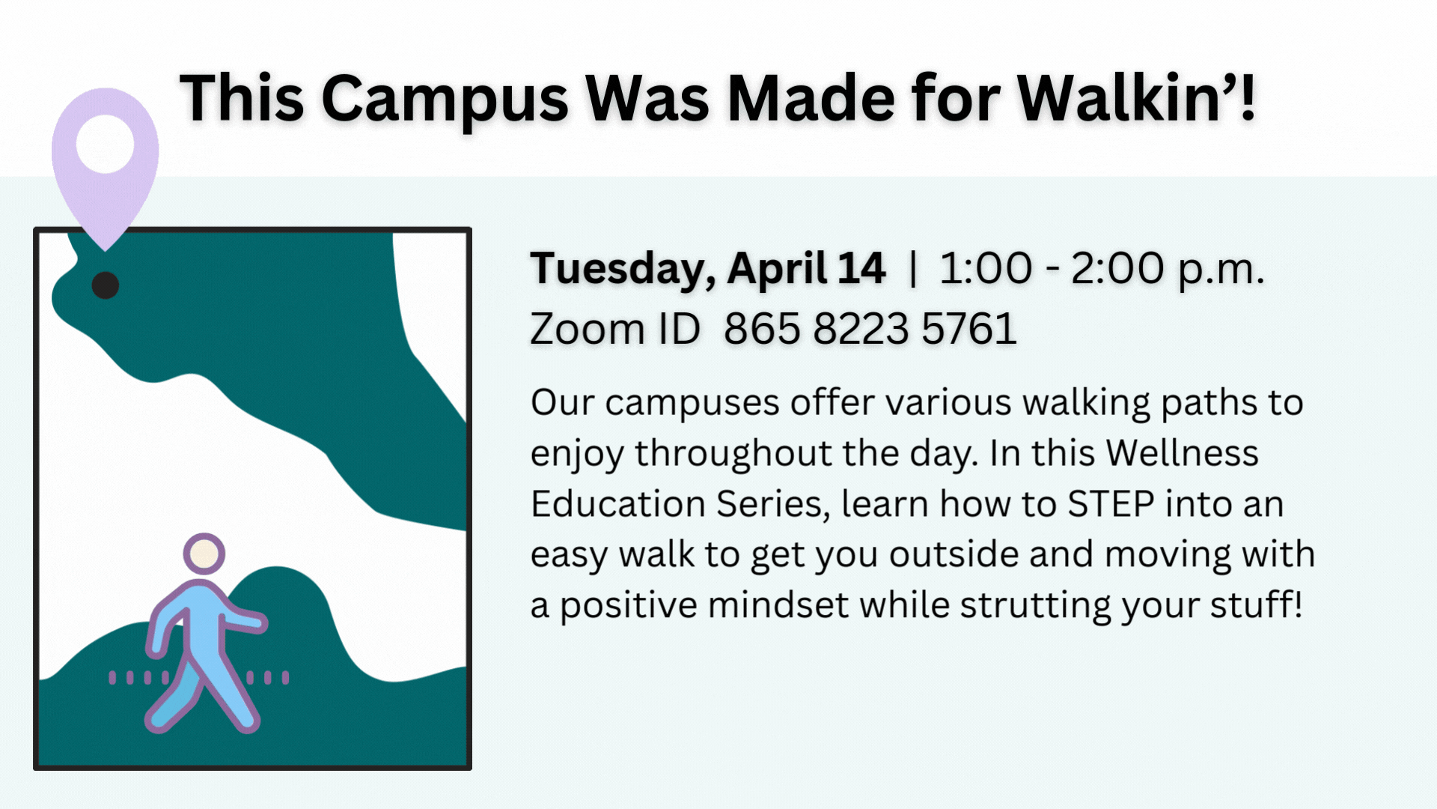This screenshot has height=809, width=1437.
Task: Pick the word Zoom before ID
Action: click(x=588, y=329)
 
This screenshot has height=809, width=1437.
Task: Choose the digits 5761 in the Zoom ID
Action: click(x=969, y=329)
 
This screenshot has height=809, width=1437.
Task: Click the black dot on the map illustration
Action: click(x=106, y=285)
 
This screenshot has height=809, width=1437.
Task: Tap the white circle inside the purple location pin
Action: click(x=106, y=144)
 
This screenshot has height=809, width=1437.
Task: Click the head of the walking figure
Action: click(x=204, y=554)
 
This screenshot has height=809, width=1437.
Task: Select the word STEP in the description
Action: click(x=1111, y=504)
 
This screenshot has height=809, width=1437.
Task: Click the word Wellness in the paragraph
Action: click(x=1183, y=453)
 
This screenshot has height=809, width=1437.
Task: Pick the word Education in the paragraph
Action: click(x=617, y=504)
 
